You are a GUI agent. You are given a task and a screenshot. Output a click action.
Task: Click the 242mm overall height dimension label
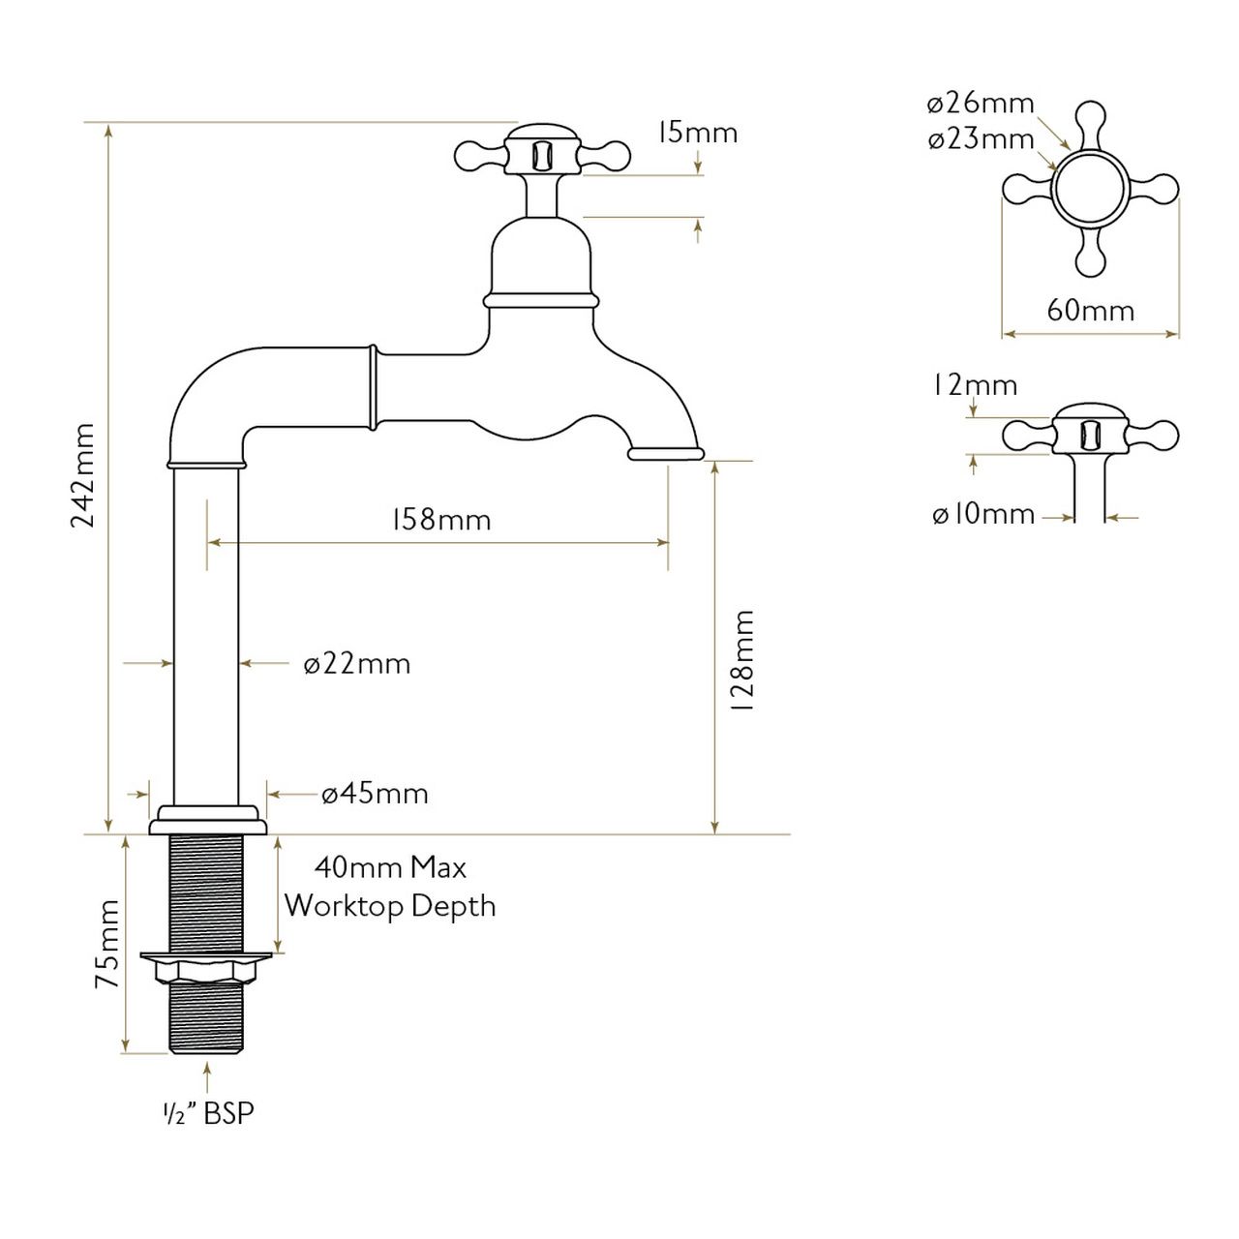coord(83,475)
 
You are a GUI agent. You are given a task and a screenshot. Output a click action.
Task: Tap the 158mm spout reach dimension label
coord(441,520)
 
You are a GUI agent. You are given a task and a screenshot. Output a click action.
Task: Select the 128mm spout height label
coord(742,660)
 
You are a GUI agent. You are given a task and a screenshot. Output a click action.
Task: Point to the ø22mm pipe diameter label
coord(357,664)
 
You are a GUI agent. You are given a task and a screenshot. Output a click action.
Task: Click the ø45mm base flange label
coord(375,794)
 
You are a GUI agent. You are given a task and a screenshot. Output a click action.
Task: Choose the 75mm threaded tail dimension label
coord(107,944)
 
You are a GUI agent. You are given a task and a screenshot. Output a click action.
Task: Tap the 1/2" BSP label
coord(208,1113)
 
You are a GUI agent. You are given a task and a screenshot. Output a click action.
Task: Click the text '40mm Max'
coord(390,868)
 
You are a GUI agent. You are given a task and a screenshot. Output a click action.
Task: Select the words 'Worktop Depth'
coord(390,907)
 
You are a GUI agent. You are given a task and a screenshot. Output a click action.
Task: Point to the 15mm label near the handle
coord(697,133)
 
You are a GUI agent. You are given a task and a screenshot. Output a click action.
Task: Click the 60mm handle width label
coord(1091,311)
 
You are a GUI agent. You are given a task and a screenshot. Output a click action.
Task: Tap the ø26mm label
coord(981,103)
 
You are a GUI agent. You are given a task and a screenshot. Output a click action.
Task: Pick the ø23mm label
coord(981,138)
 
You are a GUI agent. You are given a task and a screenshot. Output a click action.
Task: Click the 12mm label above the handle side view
coord(975,386)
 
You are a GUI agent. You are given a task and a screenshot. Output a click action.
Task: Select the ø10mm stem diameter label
coord(983,514)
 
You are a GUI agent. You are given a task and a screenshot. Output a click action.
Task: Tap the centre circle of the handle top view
coord(1091,188)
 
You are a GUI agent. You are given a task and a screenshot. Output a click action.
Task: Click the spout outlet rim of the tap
coord(666,454)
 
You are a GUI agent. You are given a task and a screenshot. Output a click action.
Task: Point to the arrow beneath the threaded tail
coord(207,1077)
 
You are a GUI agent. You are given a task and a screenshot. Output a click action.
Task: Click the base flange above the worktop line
coord(207,821)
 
